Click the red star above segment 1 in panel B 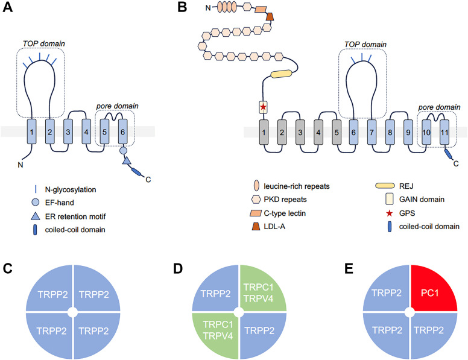pos(262,107)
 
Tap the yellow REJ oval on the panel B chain pos(286,74)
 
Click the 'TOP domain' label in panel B pos(363,45)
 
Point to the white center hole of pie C pos(73,312)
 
